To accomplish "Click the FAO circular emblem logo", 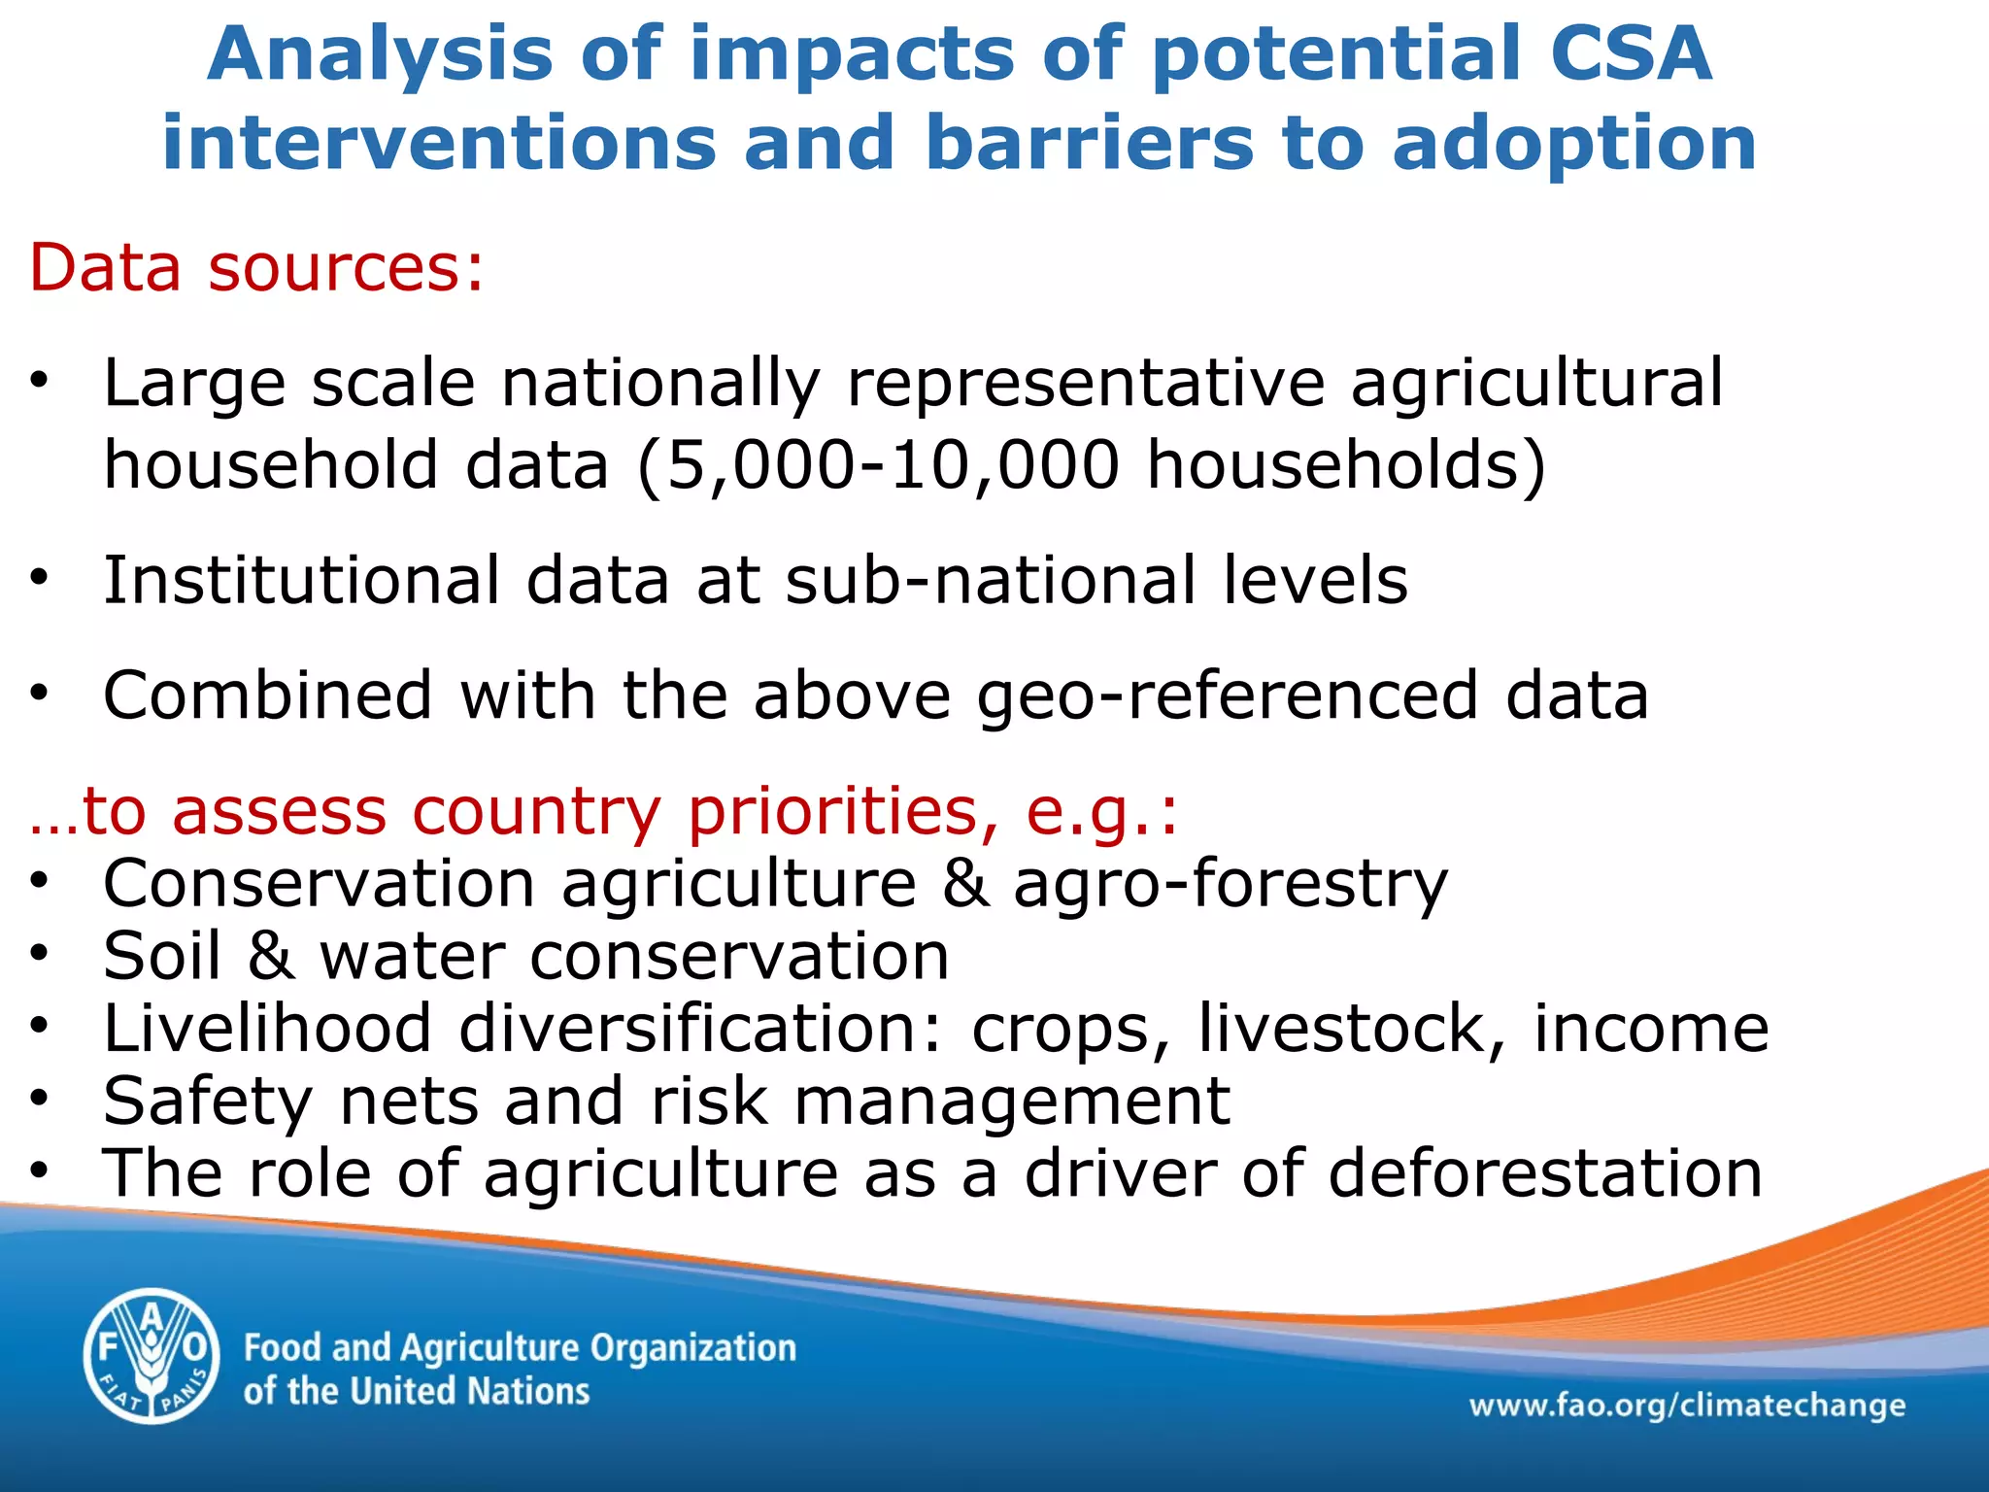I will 151,1356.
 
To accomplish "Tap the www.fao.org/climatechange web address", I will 1687,1406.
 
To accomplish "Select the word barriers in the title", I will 1089,143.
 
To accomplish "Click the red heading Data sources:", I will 256,267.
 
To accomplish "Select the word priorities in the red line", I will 841,810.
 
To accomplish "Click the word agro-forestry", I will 1230,884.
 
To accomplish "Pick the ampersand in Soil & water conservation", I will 271,956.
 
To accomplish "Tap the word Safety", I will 208,1102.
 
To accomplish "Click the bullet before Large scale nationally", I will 39,382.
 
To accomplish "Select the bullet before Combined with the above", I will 39,695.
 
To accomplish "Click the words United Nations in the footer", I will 469,1391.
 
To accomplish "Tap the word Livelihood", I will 267,1028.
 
